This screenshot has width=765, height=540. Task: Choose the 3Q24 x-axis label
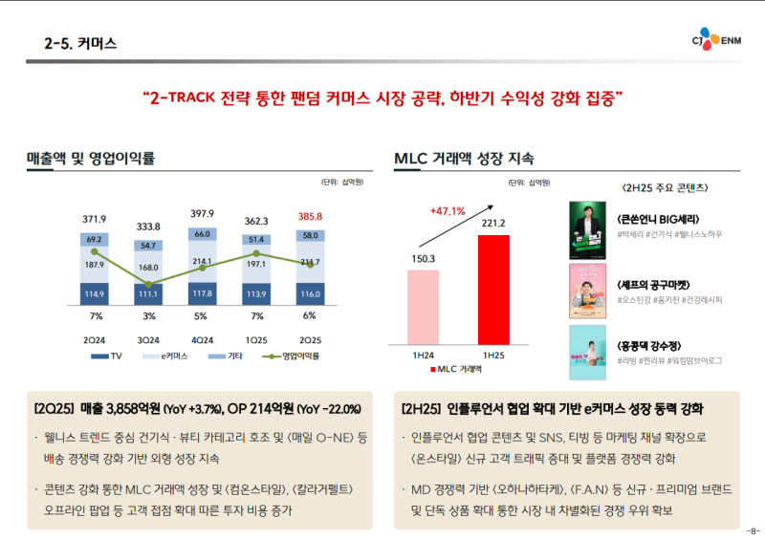click(148, 339)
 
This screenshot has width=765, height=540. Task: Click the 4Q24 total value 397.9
click(202, 213)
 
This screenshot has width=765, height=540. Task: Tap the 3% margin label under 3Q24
click(148, 315)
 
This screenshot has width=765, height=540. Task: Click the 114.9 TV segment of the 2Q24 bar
click(95, 292)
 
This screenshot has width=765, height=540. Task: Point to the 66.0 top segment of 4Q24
click(202, 234)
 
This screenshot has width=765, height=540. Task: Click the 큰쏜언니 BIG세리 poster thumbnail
click(587, 231)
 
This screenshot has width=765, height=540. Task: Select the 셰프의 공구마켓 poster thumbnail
click(587, 291)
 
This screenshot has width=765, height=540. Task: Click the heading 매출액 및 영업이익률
click(91, 158)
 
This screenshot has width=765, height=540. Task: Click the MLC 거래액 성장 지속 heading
click(464, 158)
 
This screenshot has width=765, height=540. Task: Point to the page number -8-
click(752, 530)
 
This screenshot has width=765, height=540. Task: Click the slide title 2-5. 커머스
click(80, 43)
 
